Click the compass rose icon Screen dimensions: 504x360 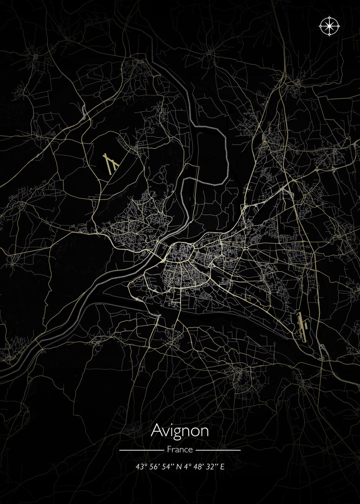(x=330, y=26)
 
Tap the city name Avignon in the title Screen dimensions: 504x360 (x=180, y=430)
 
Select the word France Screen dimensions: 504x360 (x=180, y=449)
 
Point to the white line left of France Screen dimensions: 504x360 (x=141, y=450)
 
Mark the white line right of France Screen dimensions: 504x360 (x=218, y=450)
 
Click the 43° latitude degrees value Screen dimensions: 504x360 (x=140, y=467)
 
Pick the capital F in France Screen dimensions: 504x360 (x=169, y=449)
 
